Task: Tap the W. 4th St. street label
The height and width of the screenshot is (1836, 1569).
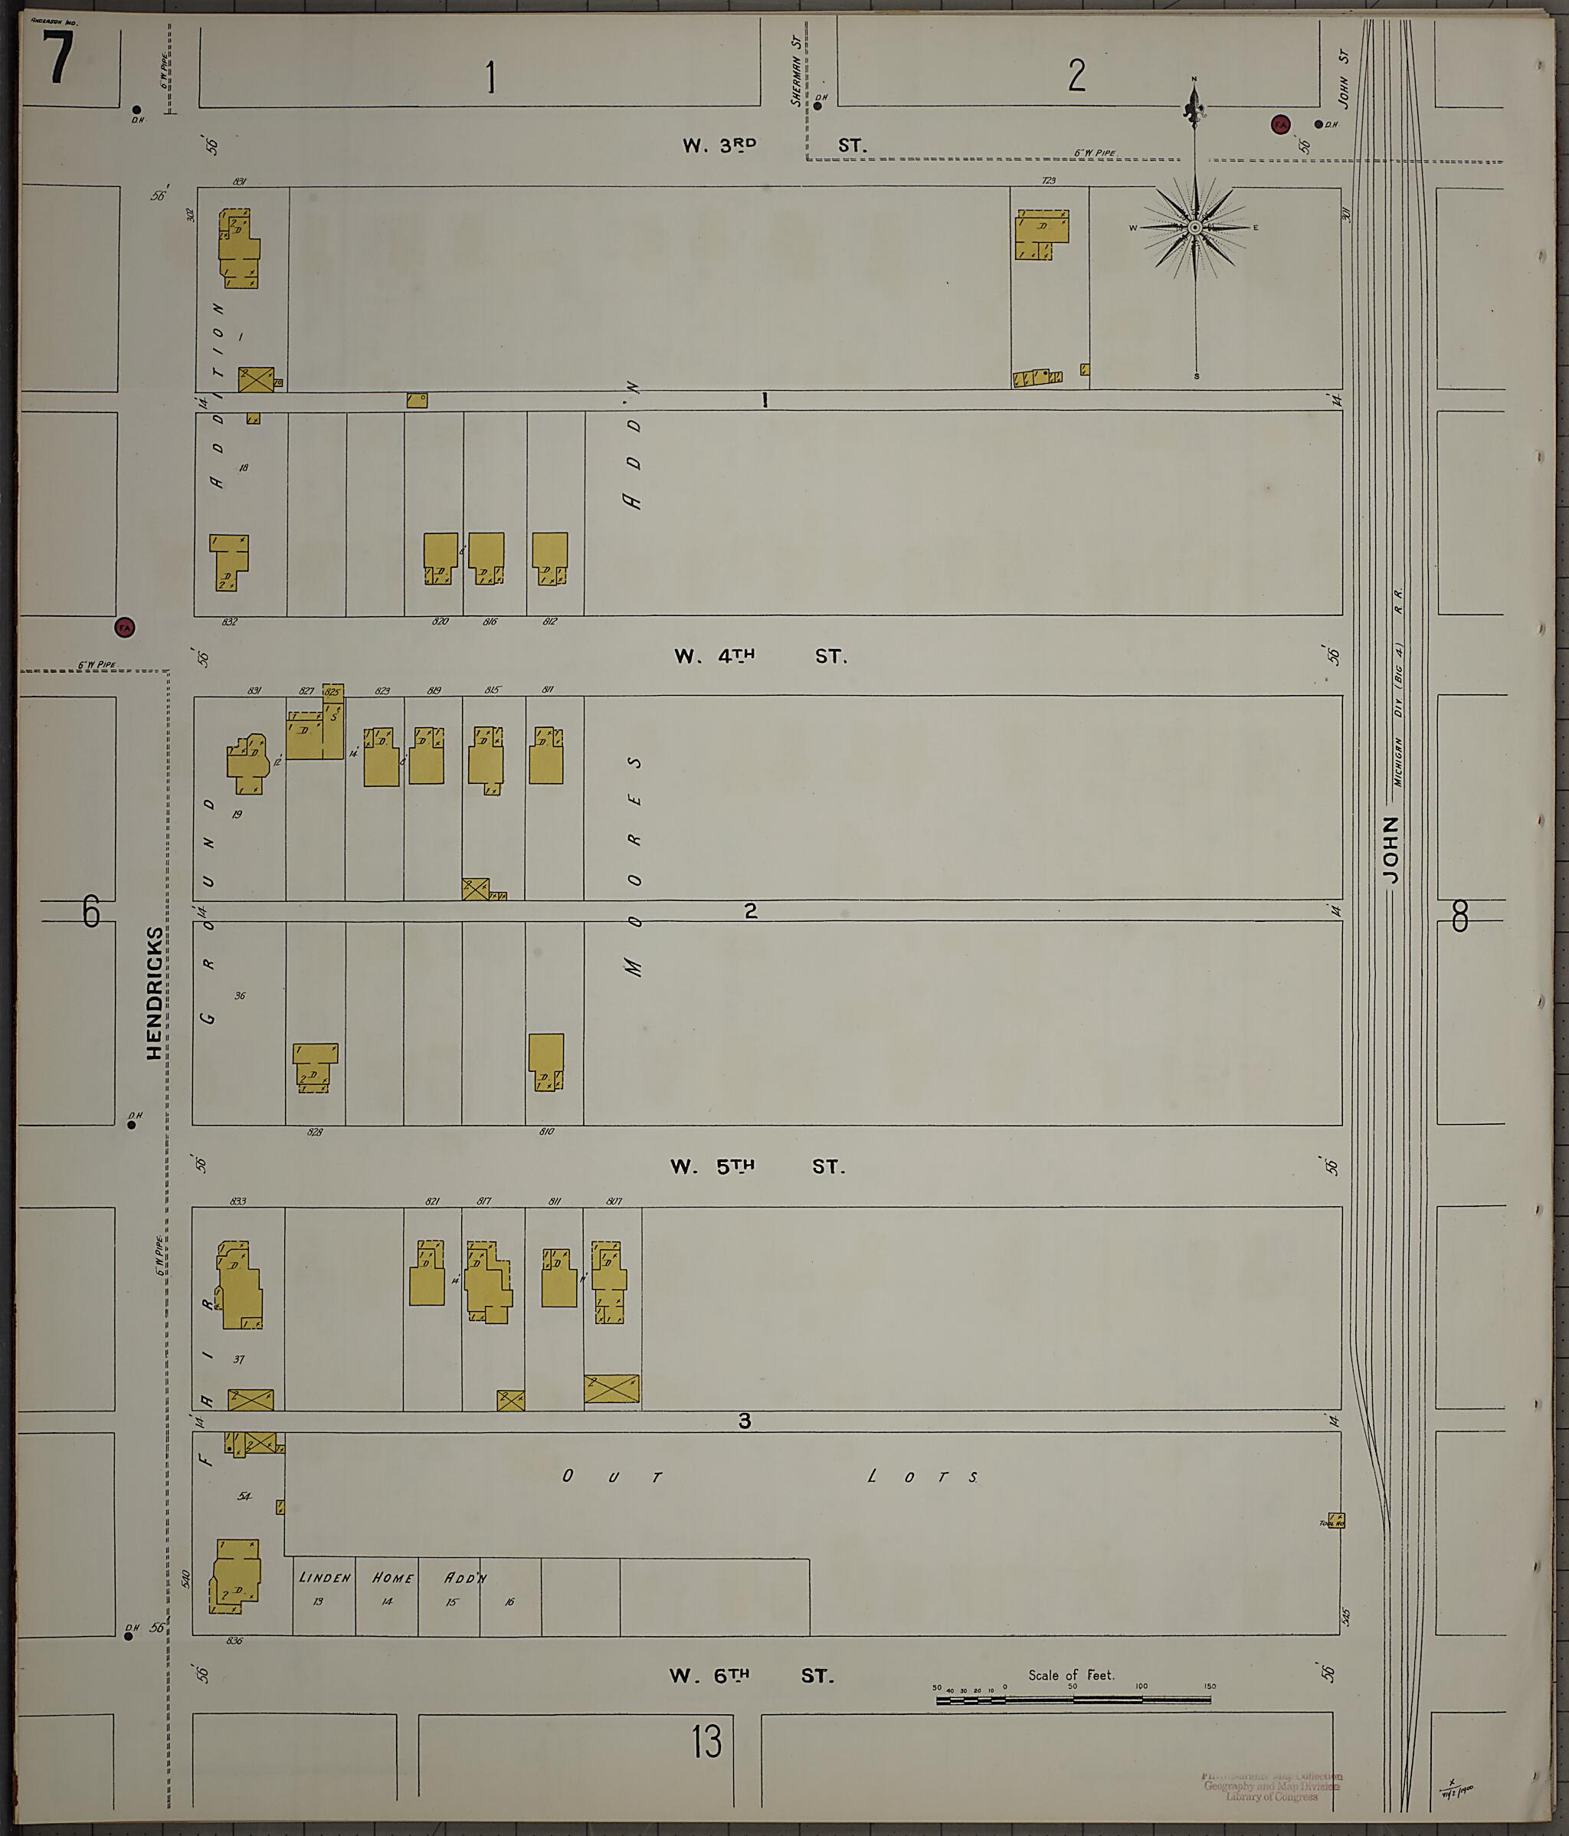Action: tap(760, 657)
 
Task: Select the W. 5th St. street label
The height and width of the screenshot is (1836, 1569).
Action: tap(758, 1167)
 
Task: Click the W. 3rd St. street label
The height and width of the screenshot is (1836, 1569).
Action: tap(774, 146)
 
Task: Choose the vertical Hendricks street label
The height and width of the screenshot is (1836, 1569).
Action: tap(154, 992)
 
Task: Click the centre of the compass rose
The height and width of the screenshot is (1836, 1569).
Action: tap(1195, 228)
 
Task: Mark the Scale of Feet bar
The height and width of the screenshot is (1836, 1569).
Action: tap(1073, 1700)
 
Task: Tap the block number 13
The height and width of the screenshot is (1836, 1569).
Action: tap(707, 1742)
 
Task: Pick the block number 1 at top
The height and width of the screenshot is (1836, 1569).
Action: tap(490, 77)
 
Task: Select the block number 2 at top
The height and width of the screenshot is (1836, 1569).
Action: tap(1076, 75)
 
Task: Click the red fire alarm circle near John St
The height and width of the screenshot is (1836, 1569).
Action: tap(1280, 124)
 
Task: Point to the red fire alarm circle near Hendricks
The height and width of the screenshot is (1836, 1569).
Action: tap(125, 628)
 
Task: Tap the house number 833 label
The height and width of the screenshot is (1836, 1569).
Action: tap(237, 1202)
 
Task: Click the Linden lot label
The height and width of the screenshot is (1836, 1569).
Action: tap(324, 1578)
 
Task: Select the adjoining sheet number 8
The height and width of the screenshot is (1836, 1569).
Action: tap(1460, 916)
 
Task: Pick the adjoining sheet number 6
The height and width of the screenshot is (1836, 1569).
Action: tap(90, 911)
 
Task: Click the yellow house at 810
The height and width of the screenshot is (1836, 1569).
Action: tap(545, 1061)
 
